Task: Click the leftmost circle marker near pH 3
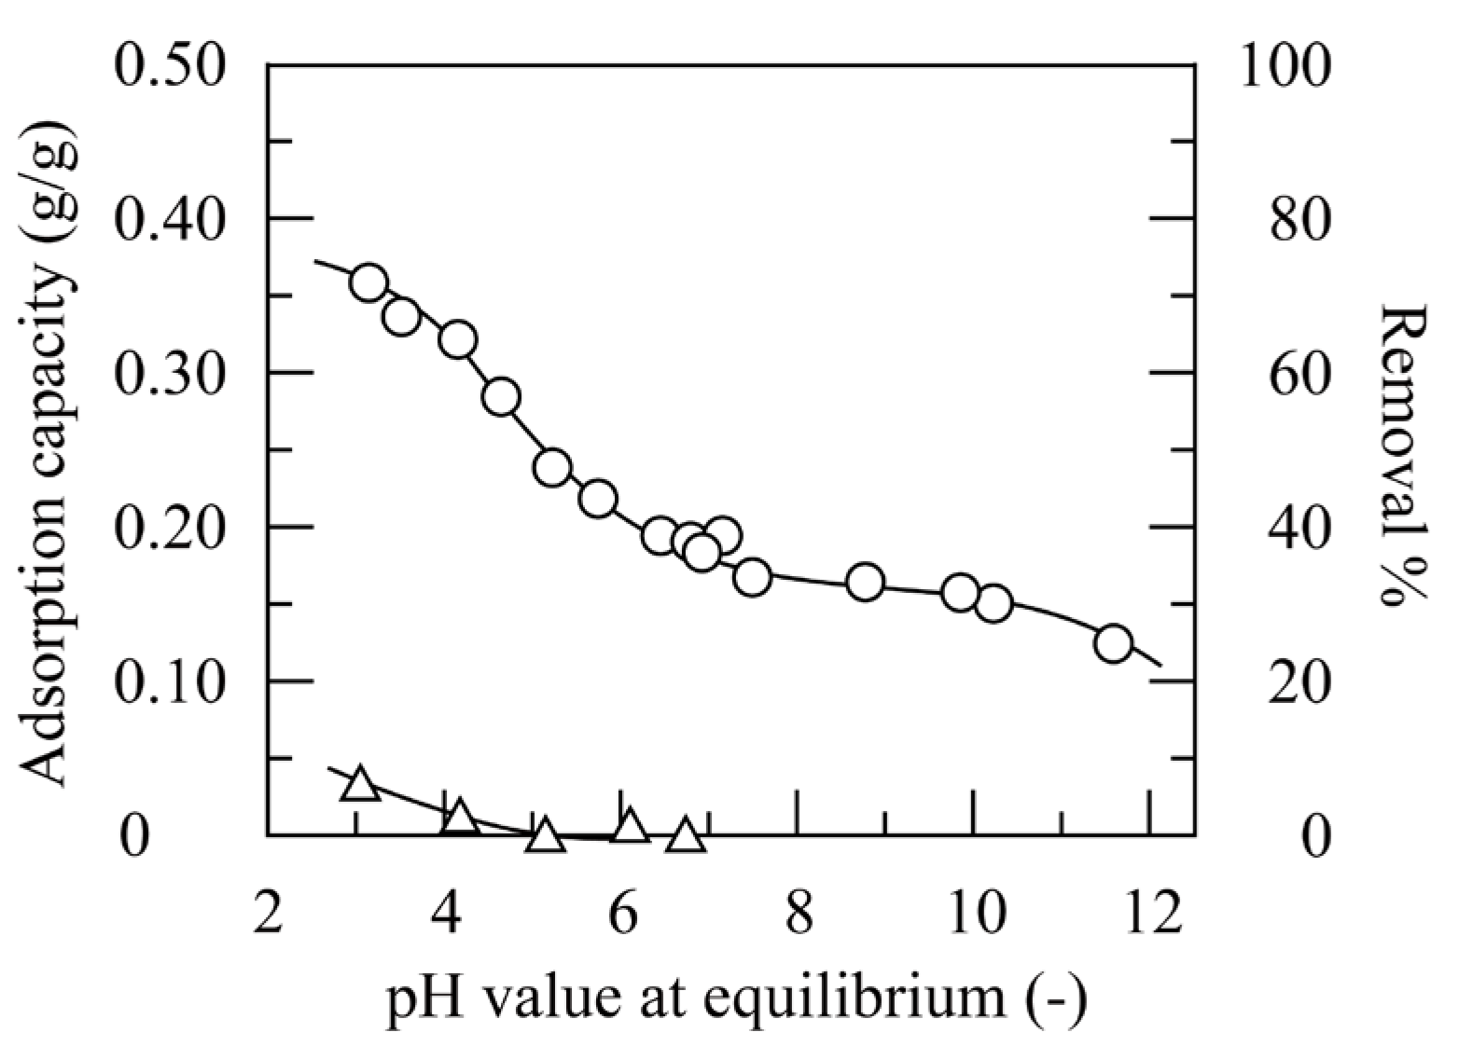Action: pyautogui.click(x=368, y=282)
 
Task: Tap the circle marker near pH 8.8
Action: pyautogui.click(x=866, y=582)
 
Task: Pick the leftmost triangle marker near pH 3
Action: pyautogui.click(x=359, y=785)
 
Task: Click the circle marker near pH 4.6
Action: pyautogui.click(x=502, y=396)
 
